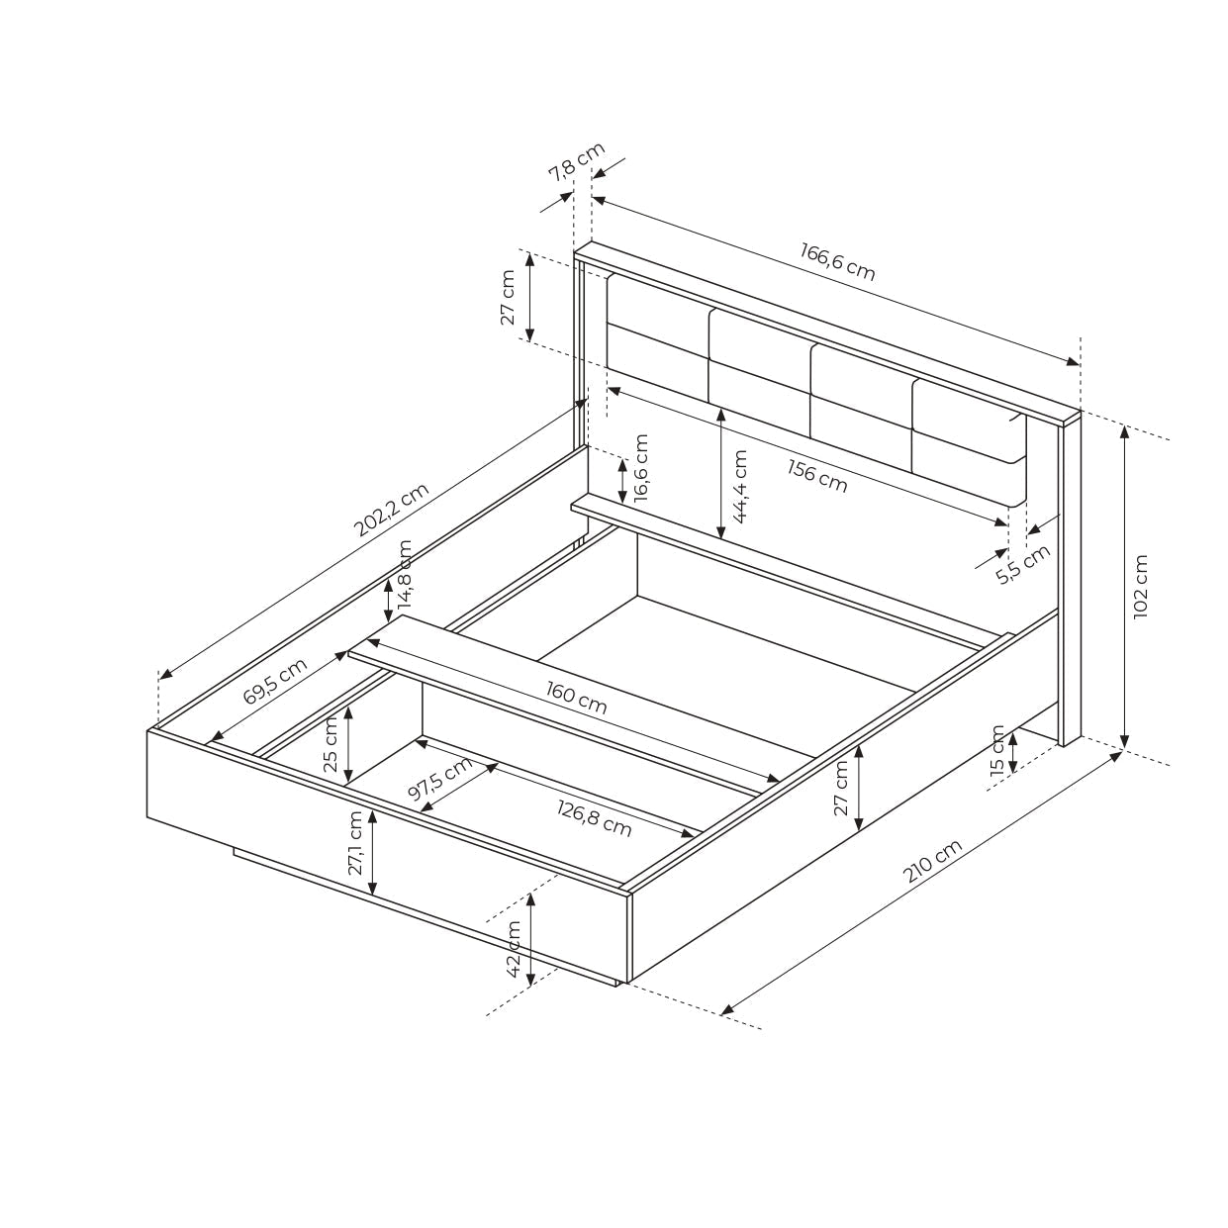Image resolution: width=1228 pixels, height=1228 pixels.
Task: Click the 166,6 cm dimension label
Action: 838,261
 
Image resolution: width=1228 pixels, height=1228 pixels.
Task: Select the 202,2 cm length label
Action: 392,510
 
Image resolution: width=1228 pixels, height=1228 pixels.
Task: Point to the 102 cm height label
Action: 1141,586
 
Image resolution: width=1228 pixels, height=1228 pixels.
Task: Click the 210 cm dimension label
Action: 932,862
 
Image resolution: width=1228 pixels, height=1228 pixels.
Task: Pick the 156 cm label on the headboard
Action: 817,475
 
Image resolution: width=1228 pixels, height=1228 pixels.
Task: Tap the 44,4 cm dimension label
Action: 739,485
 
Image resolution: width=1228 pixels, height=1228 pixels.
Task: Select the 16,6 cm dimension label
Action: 640,468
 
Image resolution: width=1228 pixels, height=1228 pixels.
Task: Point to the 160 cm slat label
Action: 576,699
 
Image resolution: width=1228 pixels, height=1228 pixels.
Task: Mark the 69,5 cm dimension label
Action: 275,681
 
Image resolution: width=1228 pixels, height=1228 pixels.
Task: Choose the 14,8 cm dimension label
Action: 405,575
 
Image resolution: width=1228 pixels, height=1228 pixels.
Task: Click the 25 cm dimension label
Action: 331,743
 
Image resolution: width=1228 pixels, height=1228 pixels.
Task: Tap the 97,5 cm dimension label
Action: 439,781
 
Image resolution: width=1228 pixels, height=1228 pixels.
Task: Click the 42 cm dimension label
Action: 514,949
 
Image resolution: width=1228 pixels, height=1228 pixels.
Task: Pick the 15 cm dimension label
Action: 997,749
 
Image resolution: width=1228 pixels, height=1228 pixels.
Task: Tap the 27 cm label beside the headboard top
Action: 509,298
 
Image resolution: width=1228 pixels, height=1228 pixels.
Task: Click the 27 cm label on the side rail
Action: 841,788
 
